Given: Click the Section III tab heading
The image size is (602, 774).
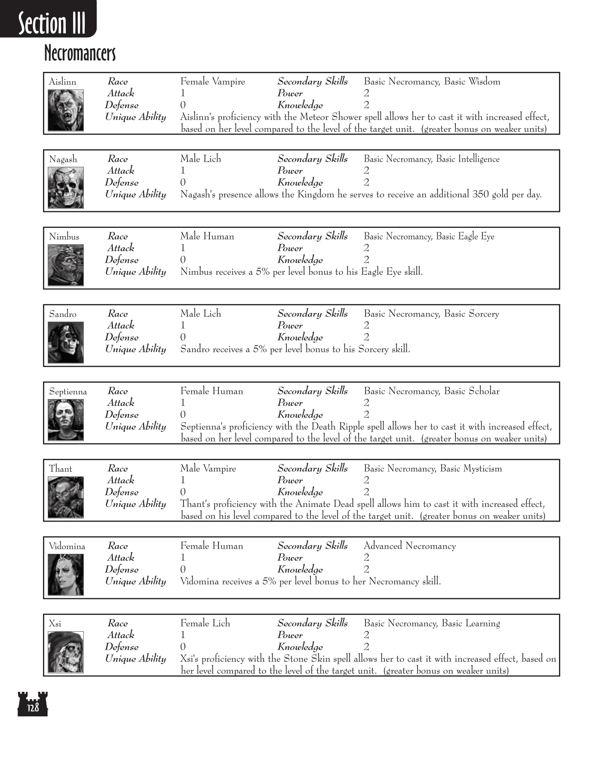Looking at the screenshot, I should pyautogui.click(x=52, y=23).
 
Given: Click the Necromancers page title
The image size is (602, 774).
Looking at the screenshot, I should pyautogui.click(x=80, y=53).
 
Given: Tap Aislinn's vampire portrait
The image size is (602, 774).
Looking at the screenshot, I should pyautogui.click(x=65, y=110).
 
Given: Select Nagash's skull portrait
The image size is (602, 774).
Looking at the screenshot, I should pyautogui.click(x=65, y=187).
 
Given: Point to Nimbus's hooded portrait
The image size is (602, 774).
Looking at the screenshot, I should pyautogui.click(x=65, y=265).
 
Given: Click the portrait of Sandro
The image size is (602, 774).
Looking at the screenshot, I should pyautogui.click(x=65, y=342).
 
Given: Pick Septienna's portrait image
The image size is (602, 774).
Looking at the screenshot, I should pyautogui.click(x=65, y=420).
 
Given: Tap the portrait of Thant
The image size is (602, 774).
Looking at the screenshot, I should pyautogui.click(x=65, y=497).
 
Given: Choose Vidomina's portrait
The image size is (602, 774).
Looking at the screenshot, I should pyautogui.click(x=65, y=574).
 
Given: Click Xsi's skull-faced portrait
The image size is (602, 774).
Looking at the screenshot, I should pyautogui.click(x=65, y=652).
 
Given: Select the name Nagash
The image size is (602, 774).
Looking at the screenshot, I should pyautogui.click(x=63, y=160).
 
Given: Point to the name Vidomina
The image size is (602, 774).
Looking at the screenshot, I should pyautogui.click(x=67, y=547).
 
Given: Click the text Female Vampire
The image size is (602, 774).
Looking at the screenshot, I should pyautogui.click(x=212, y=82).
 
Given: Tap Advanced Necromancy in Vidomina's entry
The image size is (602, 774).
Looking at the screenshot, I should pyautogui.click(x=409, y=546).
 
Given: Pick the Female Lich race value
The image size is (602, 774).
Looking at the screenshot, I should pyautogui.click(x=205, y=623).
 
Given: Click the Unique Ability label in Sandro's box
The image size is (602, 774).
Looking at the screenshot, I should pyautogui.click(x=135, y=349).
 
